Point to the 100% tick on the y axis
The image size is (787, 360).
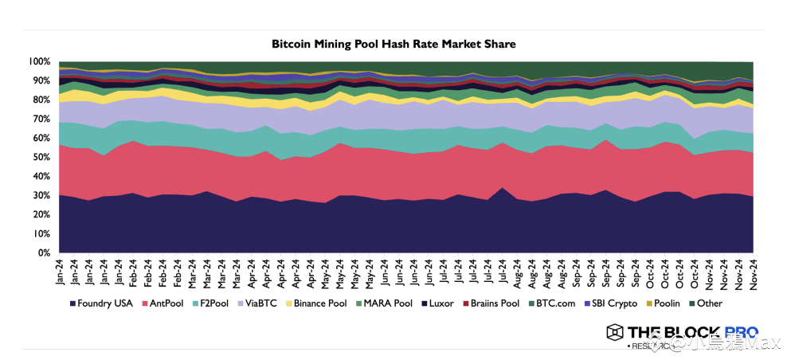(41, 62)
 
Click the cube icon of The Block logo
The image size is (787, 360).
(614, 333)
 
